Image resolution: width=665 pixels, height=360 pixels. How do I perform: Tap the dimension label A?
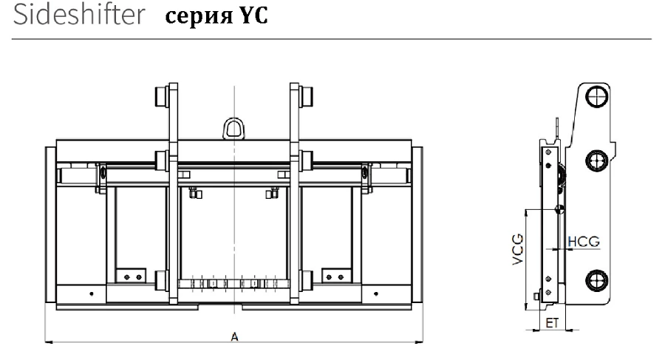[x=234, y=336]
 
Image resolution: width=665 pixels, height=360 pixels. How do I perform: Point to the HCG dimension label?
[x=583, y=242]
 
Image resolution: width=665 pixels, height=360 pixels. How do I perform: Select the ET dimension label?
[x=550, y=322]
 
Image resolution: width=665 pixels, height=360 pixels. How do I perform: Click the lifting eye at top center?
[x=233, y=126]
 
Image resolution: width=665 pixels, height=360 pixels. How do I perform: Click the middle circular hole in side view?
[x=596, y=160]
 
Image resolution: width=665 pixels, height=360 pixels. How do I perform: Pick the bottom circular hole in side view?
[x=596, y=279]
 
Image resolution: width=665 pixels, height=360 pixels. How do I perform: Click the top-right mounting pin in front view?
[x=306, y=97]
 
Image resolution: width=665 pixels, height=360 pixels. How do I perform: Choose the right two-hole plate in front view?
[x=334, y=275]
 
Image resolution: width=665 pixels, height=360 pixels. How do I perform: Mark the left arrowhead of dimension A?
[x=47, y=342]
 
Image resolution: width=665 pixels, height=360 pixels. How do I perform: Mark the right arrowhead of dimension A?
[x=422, y=342]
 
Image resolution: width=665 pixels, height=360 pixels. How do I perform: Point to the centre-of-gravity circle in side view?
[x=559, y=208]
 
